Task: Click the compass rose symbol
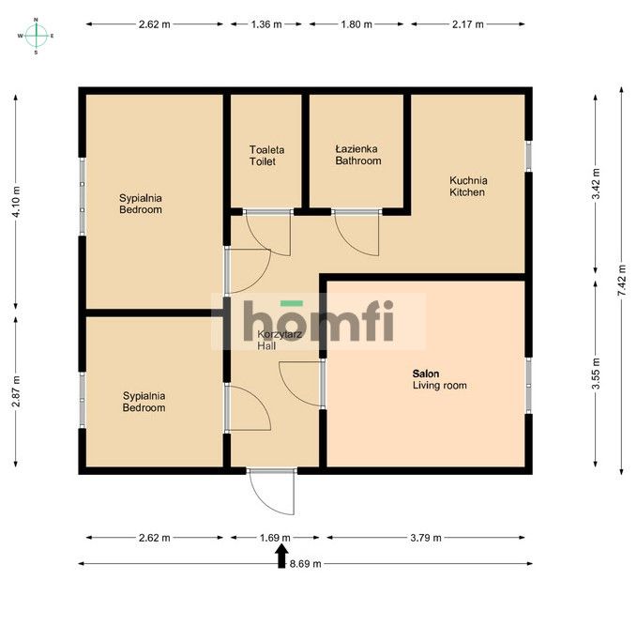[x=36, y=36]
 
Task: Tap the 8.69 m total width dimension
[x=305, y=564]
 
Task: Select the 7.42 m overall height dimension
[x=621, y=281]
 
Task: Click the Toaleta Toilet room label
[x=266, y=156]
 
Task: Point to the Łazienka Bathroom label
[x=358, y=155]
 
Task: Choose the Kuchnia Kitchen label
[x=468, y=187]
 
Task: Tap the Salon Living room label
[x=440, y=379]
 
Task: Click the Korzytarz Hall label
[x=280, y=340]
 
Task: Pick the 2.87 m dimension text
[x=16, y=391]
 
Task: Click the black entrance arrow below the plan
[x=281, y=557]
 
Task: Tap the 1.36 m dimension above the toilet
[x=266, y=24]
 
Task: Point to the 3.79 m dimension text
[x=426, y=538]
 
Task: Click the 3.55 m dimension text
[x=596, y=374]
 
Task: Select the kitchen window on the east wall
[x=528, y=156]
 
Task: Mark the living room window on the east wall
[x=528, y=386]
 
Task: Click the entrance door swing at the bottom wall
[x=272, y=492]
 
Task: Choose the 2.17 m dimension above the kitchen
[x=468, y=24]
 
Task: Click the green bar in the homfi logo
[x=292, y=303]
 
